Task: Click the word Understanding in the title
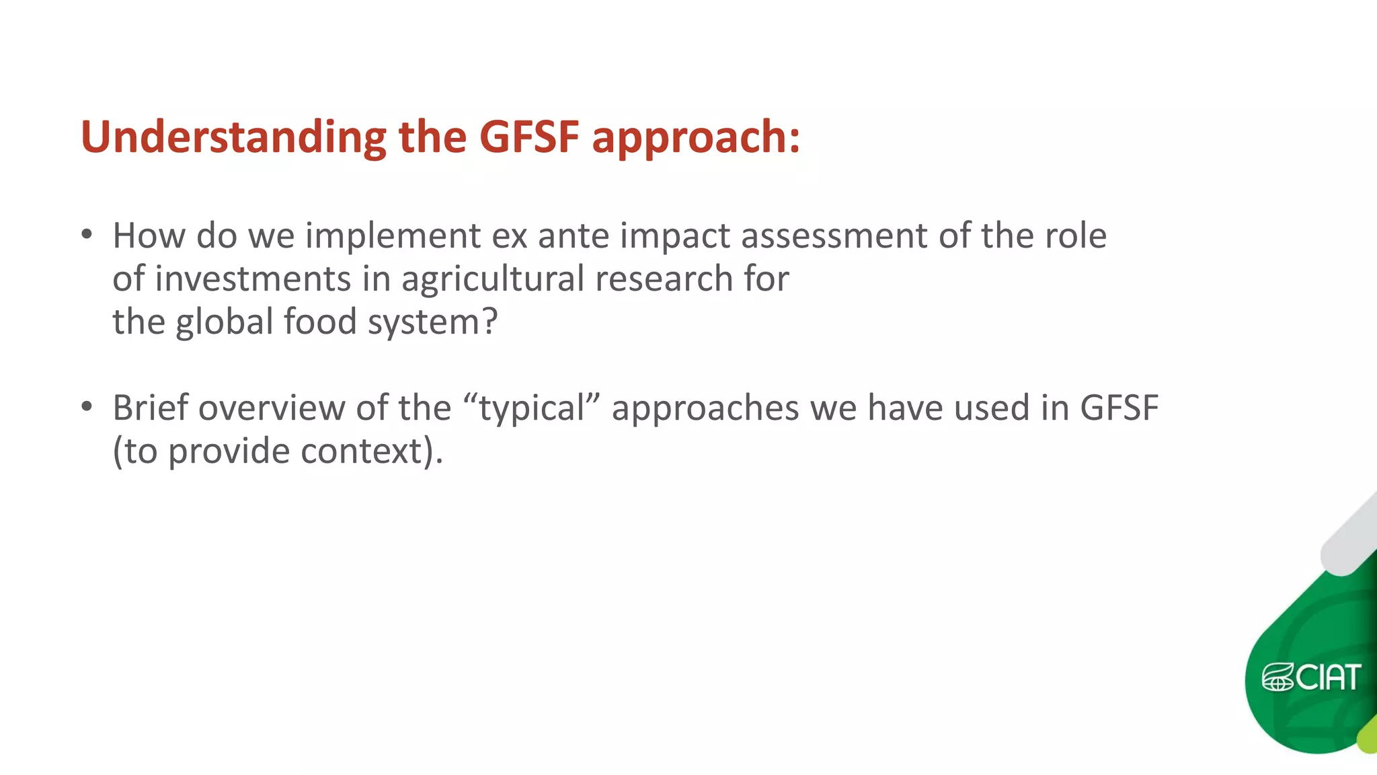(233, 137)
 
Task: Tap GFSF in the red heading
(529, 137)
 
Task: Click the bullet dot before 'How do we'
(86, 235)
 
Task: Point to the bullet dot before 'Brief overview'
(86, 407)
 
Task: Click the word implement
(393, 236)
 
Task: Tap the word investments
(253, 279)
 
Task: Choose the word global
(225, 322)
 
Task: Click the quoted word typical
(531, 409)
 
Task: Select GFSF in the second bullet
(1119, 408)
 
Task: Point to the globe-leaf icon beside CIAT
(1277, 677)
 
